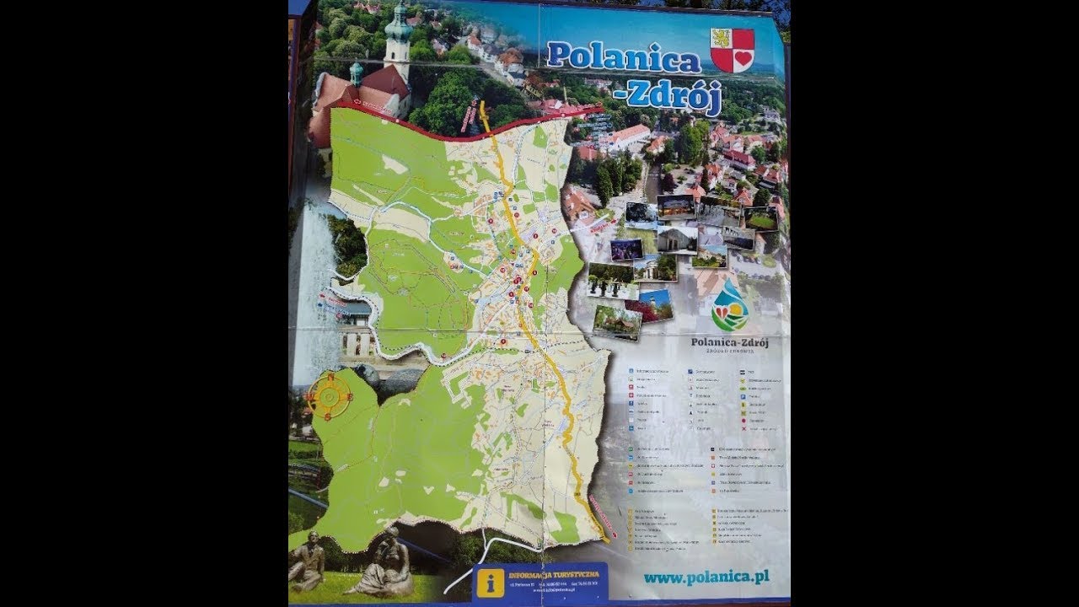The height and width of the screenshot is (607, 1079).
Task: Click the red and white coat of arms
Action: click(732, 50)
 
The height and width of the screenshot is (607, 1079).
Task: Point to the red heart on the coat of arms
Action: click(743, 58)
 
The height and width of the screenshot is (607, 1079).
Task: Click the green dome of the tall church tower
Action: click(398, 23)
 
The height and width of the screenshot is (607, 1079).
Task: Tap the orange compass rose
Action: click(329, 395)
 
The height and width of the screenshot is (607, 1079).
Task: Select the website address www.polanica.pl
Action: click(705, 578)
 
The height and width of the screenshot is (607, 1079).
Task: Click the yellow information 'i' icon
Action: click(490, 583)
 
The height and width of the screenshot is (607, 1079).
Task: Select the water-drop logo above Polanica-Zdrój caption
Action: click(729, 306)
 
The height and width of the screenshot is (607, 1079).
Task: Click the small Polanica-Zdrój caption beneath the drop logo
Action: click(728, 342)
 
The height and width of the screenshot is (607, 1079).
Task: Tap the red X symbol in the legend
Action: click(744, 428)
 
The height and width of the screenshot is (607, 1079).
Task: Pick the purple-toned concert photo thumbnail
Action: click(625, 250)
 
